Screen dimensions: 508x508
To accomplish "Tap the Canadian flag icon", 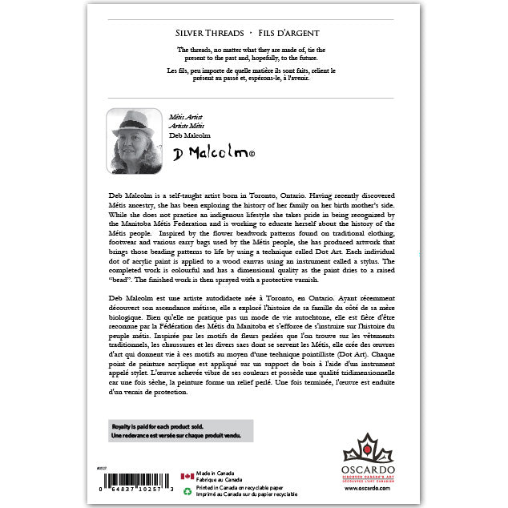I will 187,476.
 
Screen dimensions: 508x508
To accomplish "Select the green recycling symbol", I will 187,491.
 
